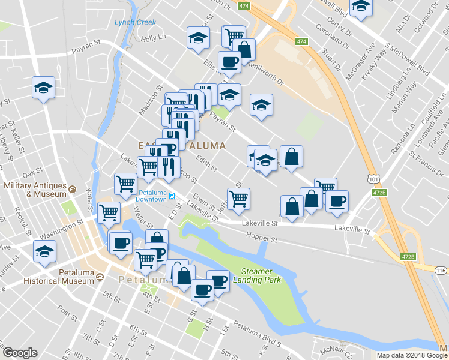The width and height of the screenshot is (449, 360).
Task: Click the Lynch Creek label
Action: [x=135, y=23]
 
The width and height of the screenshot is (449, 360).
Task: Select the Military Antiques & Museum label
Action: [x=34, y=190]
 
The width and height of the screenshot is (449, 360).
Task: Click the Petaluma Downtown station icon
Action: [x=172, y=196]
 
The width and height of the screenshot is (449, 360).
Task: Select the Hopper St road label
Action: [x=264, y=239]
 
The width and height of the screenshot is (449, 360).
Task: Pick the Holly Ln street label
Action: [x=152, y=38]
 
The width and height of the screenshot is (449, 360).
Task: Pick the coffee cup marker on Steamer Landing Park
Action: [x=218, y=280]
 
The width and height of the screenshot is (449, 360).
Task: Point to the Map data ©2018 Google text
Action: [x=412, y=355]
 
